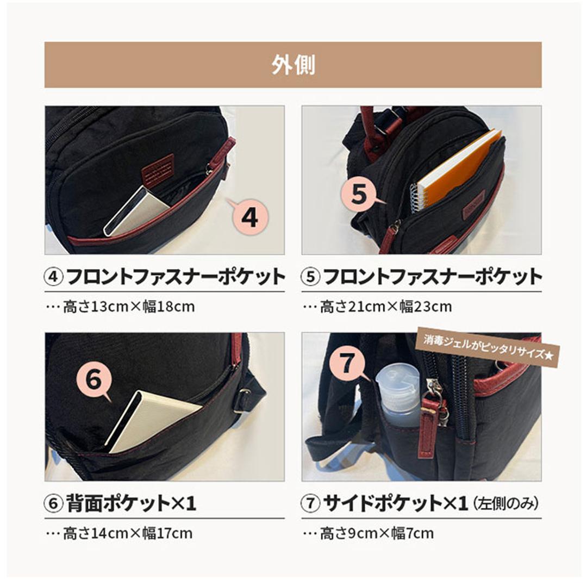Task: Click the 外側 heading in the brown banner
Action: tap(293, 65)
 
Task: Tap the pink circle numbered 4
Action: tap(250, 217)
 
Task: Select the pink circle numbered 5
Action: tap(359, 194)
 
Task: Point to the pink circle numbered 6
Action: tap(94, 379)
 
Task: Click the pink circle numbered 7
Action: tap(347, 363)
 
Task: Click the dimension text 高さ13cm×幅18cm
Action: tap(129, 307)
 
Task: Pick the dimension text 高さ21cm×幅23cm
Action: tap(385, 307)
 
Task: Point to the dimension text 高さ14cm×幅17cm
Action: tap(128, 533)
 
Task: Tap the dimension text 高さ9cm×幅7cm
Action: tap(377, 533)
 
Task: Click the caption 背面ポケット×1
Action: tap(131, 503)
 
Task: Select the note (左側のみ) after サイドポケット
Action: tap(505, 504)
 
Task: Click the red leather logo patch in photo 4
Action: tap(158, 167)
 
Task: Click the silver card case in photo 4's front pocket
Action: tap(135, 211)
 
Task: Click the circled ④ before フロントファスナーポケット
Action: tap(53, 277)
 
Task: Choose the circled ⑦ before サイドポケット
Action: tap(310, 503)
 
